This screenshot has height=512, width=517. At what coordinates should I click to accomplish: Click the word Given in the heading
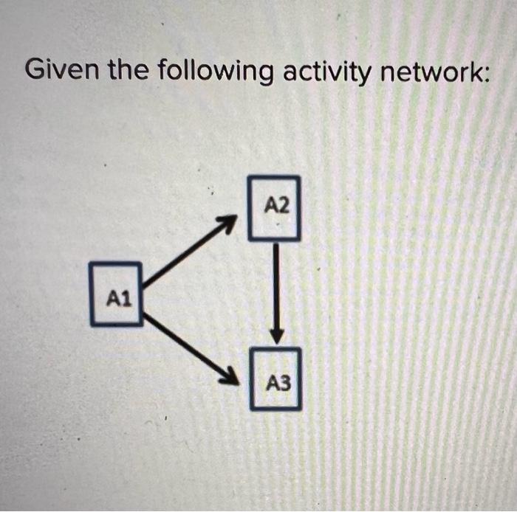click(63, 71)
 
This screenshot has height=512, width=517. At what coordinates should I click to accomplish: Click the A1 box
click(116, 294)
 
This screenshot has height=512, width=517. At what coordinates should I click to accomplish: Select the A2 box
click(274, 207)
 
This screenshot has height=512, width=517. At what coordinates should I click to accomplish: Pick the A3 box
click(275, 378)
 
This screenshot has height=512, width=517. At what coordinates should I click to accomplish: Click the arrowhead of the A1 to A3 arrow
click(231, 377)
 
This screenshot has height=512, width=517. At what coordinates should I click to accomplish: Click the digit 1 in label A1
click(126, 299)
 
